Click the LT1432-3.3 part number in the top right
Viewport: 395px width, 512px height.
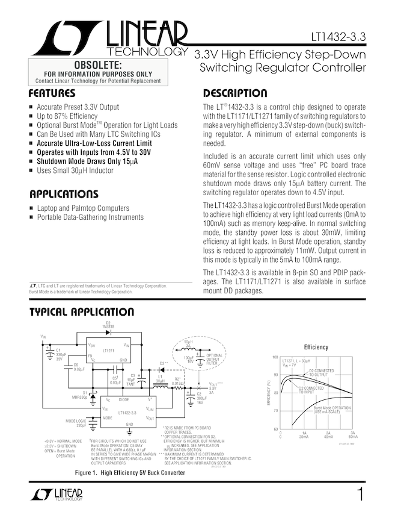point(338,37)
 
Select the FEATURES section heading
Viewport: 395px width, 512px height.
point(52,94)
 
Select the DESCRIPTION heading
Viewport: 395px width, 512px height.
point(235,94)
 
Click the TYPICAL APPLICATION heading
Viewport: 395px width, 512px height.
point(82,312)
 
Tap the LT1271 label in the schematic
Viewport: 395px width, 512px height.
point(109,350)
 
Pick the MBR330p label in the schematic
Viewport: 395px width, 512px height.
point(79,398)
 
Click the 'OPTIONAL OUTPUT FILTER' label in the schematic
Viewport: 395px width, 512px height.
point(215,360)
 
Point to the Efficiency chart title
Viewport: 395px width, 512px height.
point(316,348)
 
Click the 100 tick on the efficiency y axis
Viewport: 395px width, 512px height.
point(275,357)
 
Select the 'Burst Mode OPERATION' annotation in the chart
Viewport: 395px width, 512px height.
point(332,410)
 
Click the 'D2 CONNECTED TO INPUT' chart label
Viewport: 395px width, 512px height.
point(311,390)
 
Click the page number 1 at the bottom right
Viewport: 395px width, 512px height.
point(360,495)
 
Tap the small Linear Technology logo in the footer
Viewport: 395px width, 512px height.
point(55,495)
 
